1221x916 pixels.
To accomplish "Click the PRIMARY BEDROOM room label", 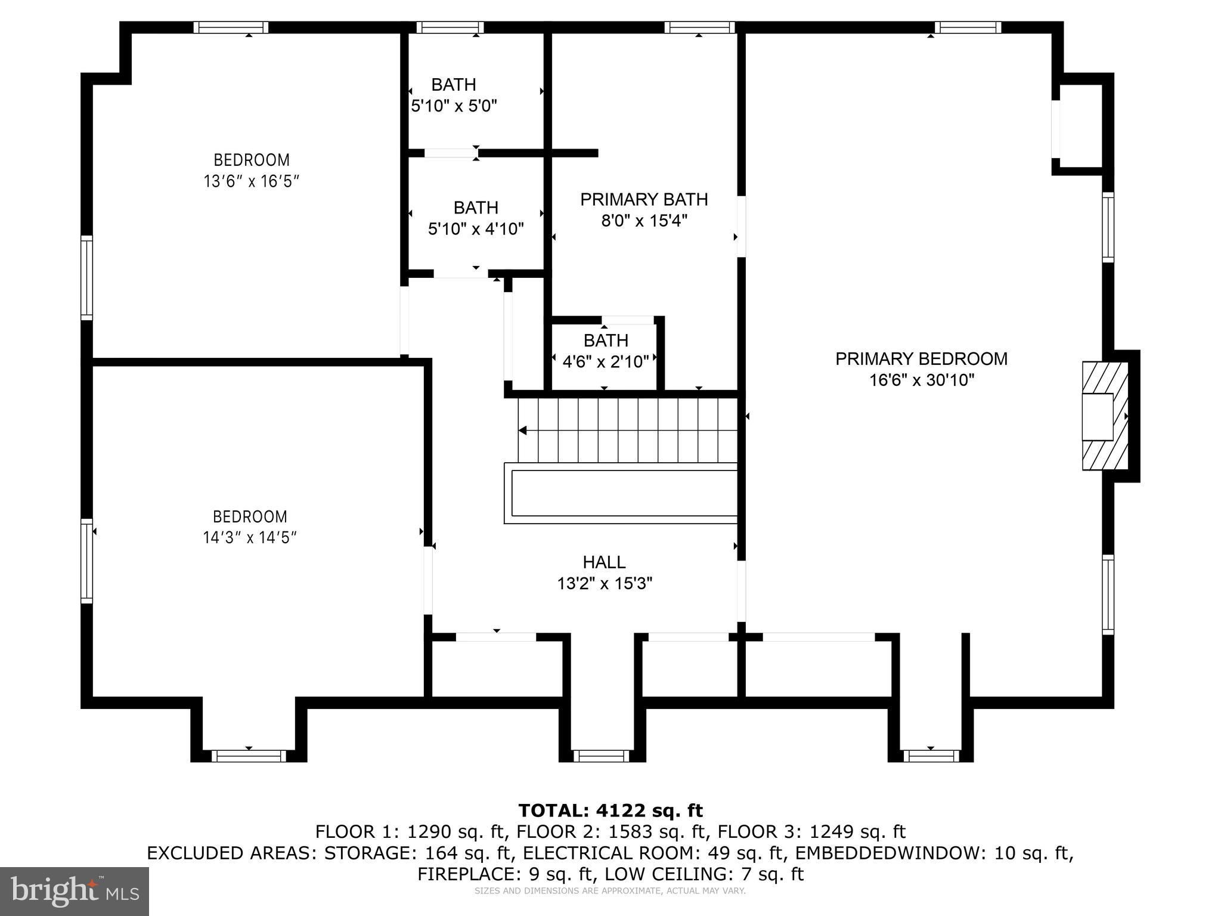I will pyautogui.click(x=921, y=359).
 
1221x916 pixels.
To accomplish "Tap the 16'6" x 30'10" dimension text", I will pyautogui.click(x=921, y=380).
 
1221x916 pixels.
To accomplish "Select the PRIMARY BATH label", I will pyautogui.click(x=644, y=199).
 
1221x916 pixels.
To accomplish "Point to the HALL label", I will pyautogui.click(x=604, y=562).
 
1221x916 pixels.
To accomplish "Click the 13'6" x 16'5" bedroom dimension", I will pyautogui.click(x=251, y=181).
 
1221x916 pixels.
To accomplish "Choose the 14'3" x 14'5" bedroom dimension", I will pyautogui.click(x=250, y=538).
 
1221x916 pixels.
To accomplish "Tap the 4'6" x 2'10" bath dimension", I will pyautogui.click(x=605, y=361).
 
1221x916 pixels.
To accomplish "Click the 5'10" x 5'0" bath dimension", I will pyautogui.click(x=454, y=106).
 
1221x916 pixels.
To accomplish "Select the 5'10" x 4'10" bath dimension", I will pyautogui.click(x=476, y=228).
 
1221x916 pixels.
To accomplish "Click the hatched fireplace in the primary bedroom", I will pyautogui.click(x=1105, y=416).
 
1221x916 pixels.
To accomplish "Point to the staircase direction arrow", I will pyautogui.click(x=523, y=430).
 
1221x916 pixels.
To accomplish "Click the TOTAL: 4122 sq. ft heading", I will pyautogui.click(x=610, y=810).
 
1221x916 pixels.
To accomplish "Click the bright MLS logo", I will pyautogui.click(x=75, y=890).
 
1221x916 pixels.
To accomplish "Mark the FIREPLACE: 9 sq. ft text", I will pyautogui.click(x=506, y=874).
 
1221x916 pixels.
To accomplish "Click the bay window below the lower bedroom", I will pyautogui.click(x=249, y=756).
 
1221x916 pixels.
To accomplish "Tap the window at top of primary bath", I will pyautogui.click(x=699, y=27).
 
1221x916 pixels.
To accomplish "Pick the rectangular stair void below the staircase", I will pyautogui.click(x=624, y=493).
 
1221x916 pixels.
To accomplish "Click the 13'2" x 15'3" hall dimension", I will pyautogui.click(x=604, y=583).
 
